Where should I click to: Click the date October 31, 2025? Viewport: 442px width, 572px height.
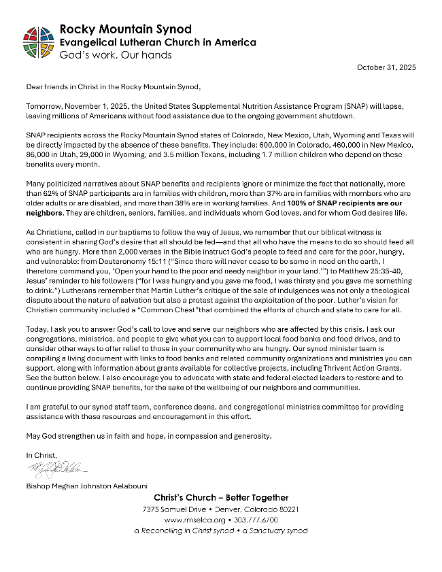[x=386, y=67]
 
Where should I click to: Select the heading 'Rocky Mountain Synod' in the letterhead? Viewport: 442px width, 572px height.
[x=126, y=29]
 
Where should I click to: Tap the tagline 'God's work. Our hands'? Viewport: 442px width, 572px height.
[x=116, y=54]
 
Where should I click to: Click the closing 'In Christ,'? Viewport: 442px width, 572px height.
[x=42, y=454]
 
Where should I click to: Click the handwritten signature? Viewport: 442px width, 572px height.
[x=57, y=468]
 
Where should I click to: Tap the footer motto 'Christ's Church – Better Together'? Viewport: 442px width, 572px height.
[x=220, y=498]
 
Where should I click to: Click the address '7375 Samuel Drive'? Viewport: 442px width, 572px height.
[x=175, y=509]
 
